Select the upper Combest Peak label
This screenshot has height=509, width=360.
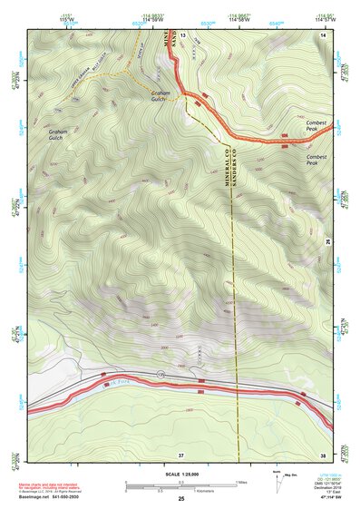tap(317, 128)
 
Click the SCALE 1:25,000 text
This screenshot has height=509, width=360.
tap(179, 474)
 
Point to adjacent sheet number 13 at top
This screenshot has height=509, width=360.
tap(181, 34)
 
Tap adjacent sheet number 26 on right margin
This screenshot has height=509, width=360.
tap(327, 241)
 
